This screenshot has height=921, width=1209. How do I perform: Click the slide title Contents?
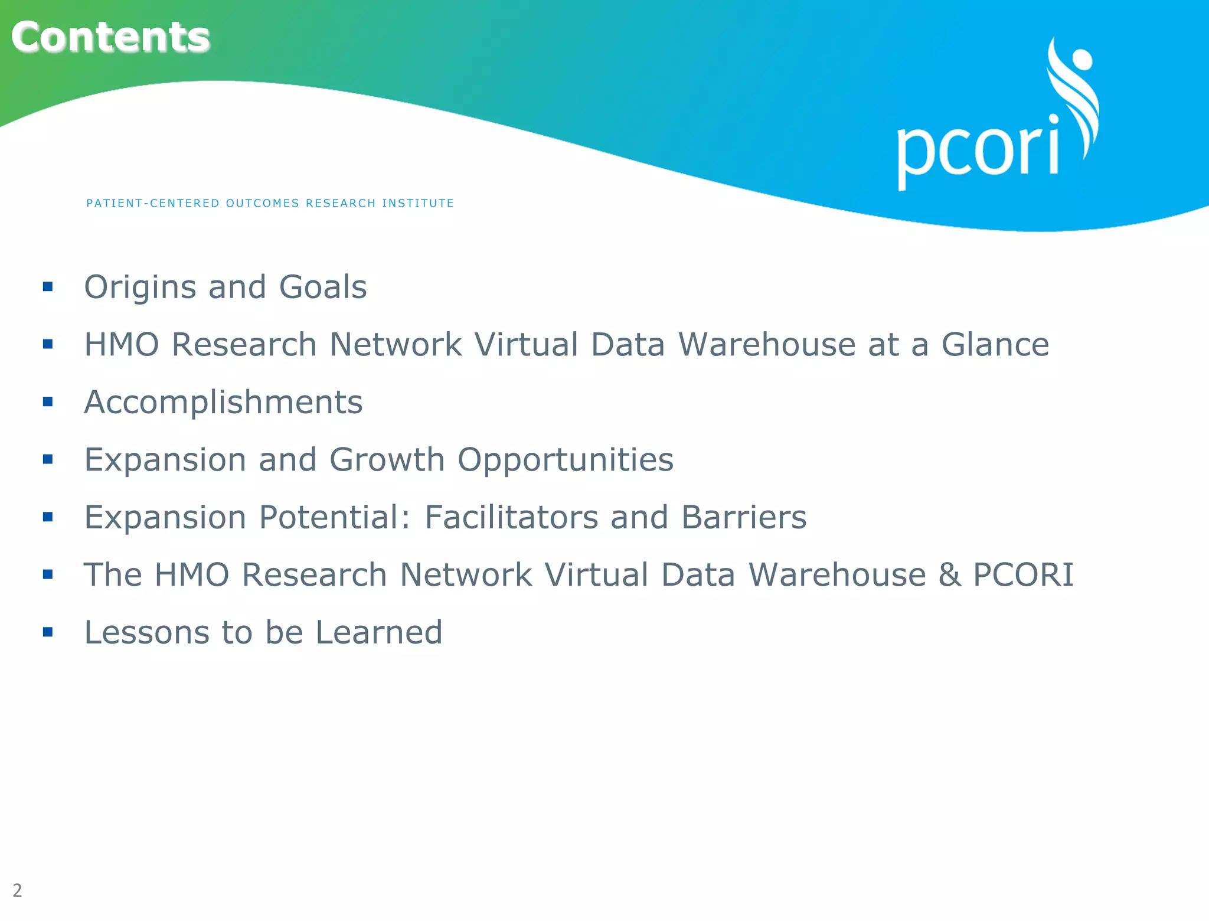click(110, 37)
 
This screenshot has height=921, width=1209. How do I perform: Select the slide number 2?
click(17, 890)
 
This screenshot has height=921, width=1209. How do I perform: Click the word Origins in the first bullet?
click(140, 288)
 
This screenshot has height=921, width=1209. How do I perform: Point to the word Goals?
click(322, 288)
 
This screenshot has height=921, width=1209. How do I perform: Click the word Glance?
click(995, 344)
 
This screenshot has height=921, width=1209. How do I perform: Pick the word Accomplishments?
click(223, 402)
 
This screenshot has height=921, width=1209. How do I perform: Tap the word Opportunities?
click(565, 460)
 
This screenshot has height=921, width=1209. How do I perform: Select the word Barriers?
click(743, 517)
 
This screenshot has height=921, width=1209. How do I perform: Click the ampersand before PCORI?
click(949, 575)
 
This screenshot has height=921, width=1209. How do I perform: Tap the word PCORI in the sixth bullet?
click(1023, 575)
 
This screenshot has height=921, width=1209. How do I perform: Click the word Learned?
click(378, 632)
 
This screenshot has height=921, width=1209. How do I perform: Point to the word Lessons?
click(146, 632)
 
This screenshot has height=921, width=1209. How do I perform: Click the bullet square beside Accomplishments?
click(48, 402)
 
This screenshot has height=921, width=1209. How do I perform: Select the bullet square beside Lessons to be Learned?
click(48, 632)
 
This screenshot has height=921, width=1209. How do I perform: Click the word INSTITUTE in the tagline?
click(418, 203)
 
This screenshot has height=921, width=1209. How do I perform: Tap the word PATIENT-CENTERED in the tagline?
click(153, 203)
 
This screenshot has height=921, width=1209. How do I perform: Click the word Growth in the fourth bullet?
click(387, 460)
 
